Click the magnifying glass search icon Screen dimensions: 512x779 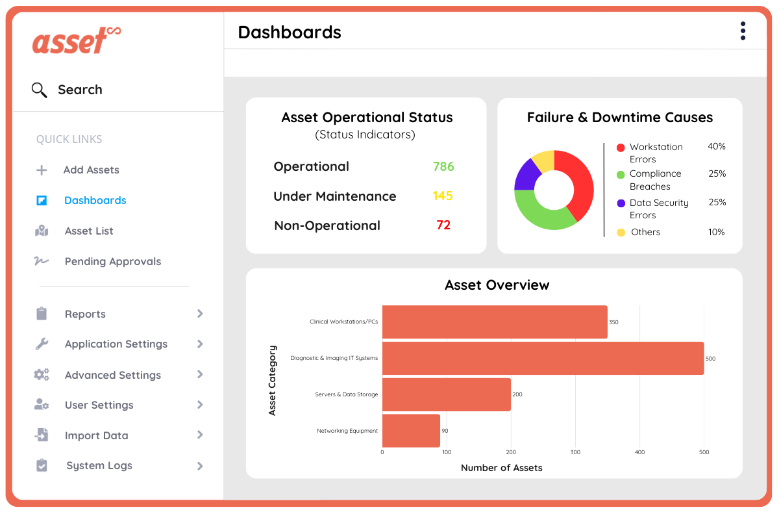pyautogui.click(x=39, y=90)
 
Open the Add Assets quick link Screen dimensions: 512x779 pyautogui.click(x=91, y=170)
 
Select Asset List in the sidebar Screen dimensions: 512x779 pyautogui.click(x=89, y=231)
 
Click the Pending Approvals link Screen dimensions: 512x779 pyautogui.click(x=112, y=262)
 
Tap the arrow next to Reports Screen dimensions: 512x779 pyautogui.click(x=200, y=314)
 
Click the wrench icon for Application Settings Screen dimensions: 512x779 pyautogui.click(x=42, y=344)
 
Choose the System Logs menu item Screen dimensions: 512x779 pyautogui.click(x=99, y=466)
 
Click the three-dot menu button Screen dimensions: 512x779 pyautogui.click(x=743, y=31)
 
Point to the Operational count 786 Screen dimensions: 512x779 pyautogui.click(x=443, y=167)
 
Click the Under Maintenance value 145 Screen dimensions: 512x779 pyautogui.click(x=443, y=196)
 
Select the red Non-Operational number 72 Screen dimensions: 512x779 pyautogui.click(x=443, y=225)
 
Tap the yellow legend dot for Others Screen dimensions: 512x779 pyautogui.click(x=621, y=233)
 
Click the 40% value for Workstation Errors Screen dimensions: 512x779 pyautogui.click(x=717, y=147)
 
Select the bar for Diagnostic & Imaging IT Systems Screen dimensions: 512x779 pyautogui.click(x=543, y=359)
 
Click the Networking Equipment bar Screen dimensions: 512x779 pyautogui.click(x=411, y=431)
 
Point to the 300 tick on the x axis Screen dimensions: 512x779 pyautogui.click(x=575, y=452)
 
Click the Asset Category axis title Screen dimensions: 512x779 pyautogui.click(x=273, y=380)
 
